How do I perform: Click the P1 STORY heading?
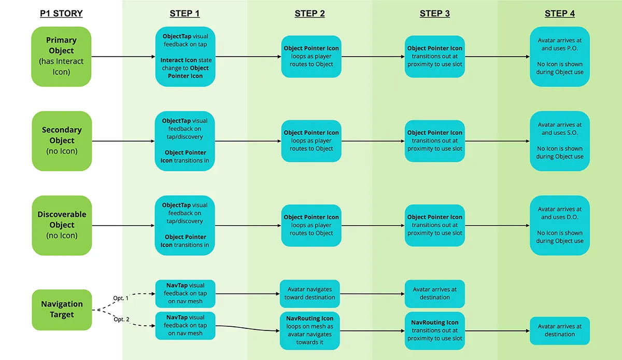point(61,13)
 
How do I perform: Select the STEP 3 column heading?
point(434,13)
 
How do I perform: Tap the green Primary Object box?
point(61,57)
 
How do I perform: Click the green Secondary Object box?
point(62,141)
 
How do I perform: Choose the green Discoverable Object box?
point(62,225)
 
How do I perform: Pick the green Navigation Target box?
point(62,310)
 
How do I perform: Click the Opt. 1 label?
point(121,298)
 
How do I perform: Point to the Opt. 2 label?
point(121,319)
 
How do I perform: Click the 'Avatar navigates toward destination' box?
point(309,294)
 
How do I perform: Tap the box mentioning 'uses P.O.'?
point(560,57)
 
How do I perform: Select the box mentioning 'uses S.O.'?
point(560,141)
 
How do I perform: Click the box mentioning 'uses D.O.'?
point(560,225)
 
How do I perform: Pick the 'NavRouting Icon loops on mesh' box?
point(309,330)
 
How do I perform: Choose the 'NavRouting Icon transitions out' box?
point(434,330)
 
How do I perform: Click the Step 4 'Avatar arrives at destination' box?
point(560,330)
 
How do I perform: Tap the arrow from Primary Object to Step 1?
point(123,57)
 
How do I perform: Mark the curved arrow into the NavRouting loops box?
point(247,328)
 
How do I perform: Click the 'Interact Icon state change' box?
point(185,57)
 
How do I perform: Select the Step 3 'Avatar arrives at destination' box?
point(434,294)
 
